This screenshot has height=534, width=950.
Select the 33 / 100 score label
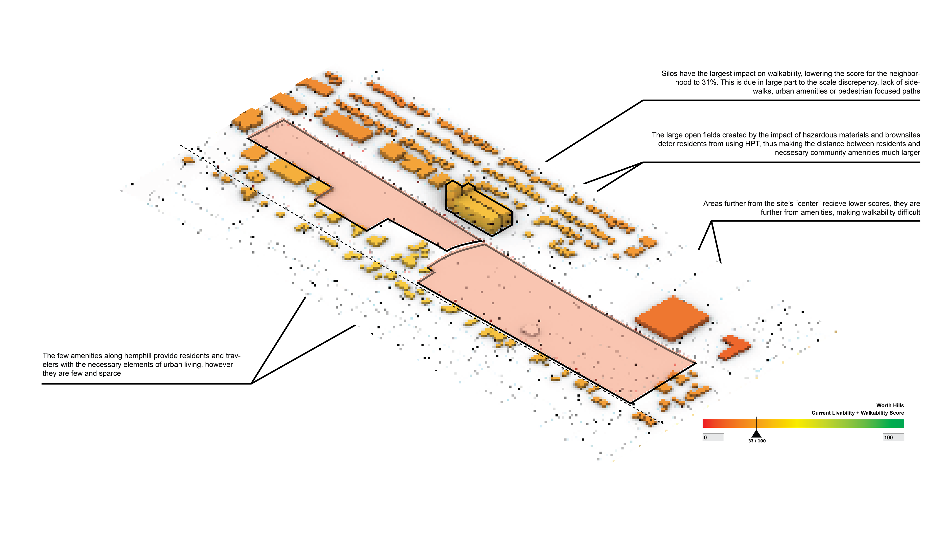click(757, 441)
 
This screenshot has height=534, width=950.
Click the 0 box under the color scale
click(713, 437)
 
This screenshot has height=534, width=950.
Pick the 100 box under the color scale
click(893, 437)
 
